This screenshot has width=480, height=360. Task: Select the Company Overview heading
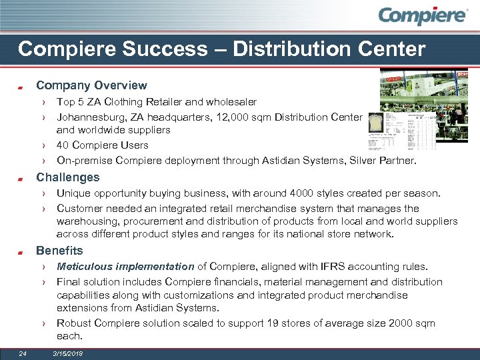pos(91,85)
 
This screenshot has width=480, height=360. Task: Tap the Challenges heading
pos(67,177)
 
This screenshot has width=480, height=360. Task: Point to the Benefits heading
pos(59,251)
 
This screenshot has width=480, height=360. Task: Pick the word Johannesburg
pos(88,117)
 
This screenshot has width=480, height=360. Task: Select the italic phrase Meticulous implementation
pos(125,267)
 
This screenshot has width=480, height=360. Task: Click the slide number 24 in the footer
pos(23,353)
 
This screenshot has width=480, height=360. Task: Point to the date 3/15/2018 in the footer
pos(68,353)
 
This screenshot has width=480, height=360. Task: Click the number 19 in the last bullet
pos(285,323)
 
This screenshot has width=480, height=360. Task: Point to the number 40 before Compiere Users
pos(63,145)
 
